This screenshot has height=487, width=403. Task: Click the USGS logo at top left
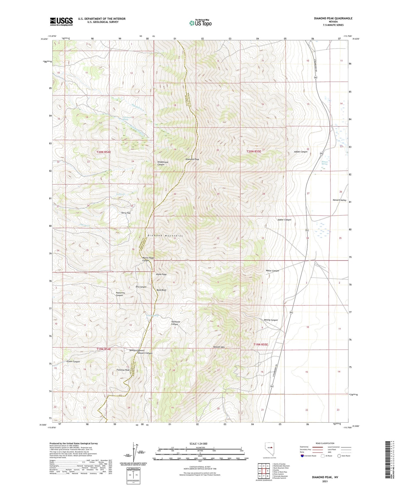point(61,21)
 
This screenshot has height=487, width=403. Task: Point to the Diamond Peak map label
point(192,159)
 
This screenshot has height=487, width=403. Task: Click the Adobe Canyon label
point(301,152)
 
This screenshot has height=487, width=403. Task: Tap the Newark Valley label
point(339,200)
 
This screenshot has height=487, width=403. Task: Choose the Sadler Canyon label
point(284,220)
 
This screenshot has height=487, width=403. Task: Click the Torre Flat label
point(126,213)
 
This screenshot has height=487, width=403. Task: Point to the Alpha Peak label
point(161,274)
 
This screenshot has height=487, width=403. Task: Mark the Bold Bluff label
point(161,290)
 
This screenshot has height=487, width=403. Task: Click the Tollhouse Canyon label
point(175,323)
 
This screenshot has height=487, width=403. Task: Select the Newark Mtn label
point(219,347)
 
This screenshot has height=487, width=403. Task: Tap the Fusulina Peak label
point(123,370)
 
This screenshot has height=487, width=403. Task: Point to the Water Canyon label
point(272,271)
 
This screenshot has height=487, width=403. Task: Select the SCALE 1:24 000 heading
point(198,443)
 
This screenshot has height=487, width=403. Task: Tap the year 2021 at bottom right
point(325,481)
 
